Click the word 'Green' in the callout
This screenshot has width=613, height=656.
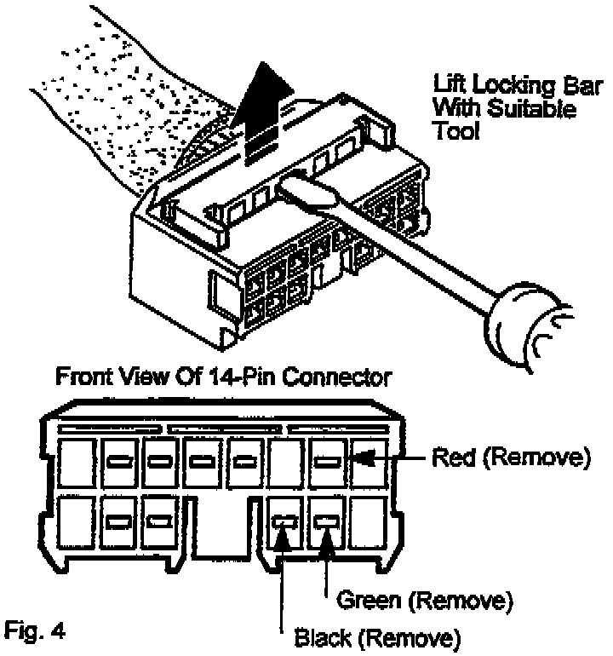coord(372,601)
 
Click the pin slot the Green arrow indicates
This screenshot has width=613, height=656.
coord(328,521)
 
